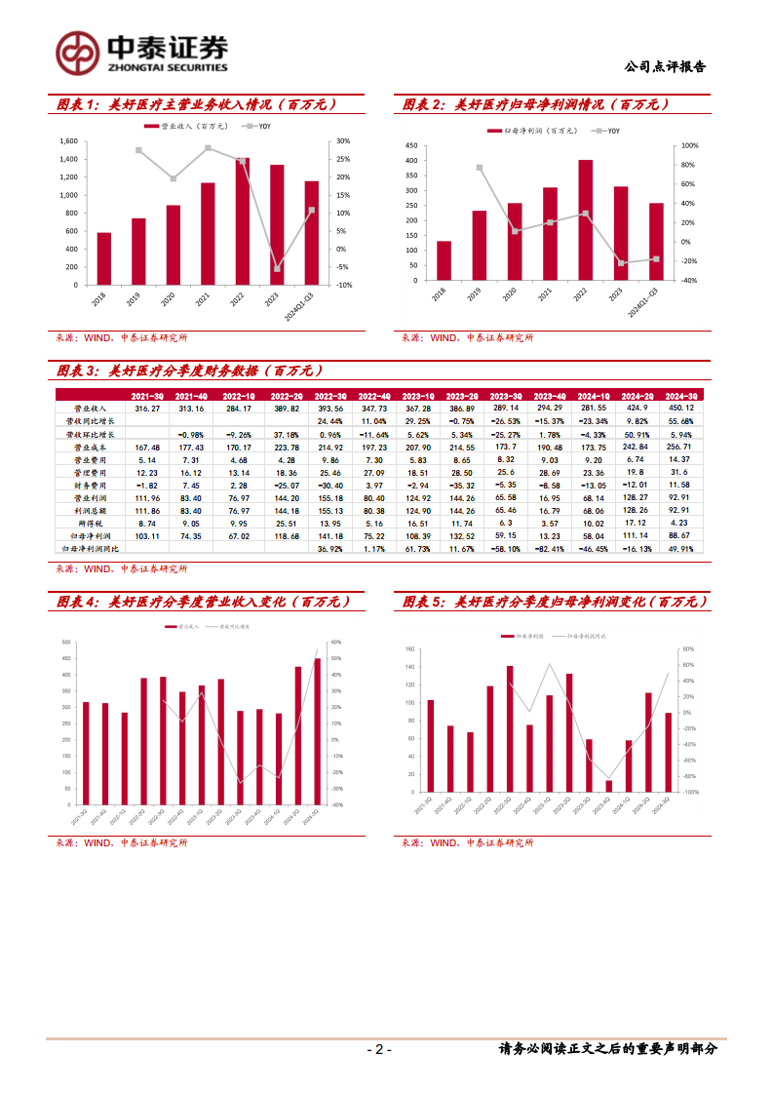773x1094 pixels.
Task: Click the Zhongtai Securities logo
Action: [x=141, y=52]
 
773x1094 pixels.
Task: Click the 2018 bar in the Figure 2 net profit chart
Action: [x=444, y=260]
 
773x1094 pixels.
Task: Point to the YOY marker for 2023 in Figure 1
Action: [x=277, y=268]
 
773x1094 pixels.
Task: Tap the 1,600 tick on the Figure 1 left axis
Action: [x=68, y=141]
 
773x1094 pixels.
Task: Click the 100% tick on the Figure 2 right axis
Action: [x=688, y=145]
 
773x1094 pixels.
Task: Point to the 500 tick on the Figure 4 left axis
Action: [x=65, y=643]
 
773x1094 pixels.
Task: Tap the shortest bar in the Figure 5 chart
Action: [x=609, y=786]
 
